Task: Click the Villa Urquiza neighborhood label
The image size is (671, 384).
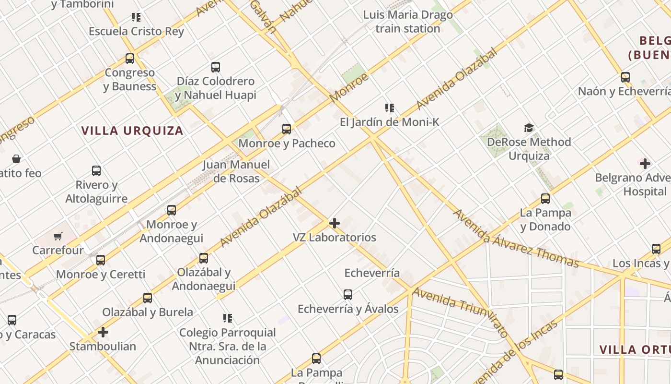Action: (132, 131)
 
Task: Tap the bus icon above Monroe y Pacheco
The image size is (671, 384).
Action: (287, 129)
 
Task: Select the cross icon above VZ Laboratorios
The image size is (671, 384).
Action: (335, 223)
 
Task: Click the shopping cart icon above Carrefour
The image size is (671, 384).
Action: (58, 236)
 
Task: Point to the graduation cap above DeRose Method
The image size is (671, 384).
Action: (529, 128)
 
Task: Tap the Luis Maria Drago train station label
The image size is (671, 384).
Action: (408, 22)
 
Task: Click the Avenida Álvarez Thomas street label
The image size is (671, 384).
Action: (515, 239)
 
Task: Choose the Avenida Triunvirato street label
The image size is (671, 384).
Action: (460, 312)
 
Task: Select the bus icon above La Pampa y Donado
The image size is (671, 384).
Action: (545, 198)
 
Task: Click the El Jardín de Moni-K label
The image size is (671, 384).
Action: (389, 122)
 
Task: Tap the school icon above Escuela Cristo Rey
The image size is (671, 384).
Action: (136, 18)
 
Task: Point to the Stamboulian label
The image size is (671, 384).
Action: (103, 346)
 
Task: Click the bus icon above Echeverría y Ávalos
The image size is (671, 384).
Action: (348, 294)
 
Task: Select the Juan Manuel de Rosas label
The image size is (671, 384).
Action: (236, 171)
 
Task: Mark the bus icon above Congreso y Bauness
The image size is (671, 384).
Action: (130, 59)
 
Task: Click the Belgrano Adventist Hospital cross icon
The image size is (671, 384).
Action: (645, 164)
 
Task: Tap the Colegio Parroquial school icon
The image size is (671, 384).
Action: (228, 318)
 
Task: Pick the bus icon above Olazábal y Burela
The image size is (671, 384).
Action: (148, 298)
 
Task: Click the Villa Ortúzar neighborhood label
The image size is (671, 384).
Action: (635, 349)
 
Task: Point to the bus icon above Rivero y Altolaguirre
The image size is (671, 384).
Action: (96, 170)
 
